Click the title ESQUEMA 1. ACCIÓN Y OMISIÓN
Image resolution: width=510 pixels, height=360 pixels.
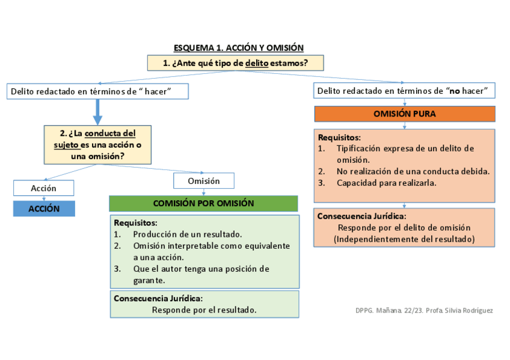[238, 47]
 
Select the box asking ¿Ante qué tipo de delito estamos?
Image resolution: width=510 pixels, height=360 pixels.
[235, 63]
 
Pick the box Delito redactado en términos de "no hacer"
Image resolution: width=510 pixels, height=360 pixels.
[404, 91]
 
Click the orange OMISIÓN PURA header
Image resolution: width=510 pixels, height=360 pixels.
[404, 114]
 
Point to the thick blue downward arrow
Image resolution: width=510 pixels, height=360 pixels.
[97, 112]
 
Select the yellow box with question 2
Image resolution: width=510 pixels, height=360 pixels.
[97, 144]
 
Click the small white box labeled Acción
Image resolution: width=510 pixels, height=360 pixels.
[43, 188]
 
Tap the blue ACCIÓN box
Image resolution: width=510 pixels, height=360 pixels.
[44, 209]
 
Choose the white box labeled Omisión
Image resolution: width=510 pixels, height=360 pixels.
[203, 181]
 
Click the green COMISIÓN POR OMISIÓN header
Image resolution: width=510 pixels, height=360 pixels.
[203, 204]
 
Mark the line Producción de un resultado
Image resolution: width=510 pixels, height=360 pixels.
[187, 234]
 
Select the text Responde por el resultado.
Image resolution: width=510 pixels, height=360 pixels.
[204, 310]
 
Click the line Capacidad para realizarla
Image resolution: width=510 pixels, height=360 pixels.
[386, 183]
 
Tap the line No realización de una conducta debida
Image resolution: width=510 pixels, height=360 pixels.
[413, 171]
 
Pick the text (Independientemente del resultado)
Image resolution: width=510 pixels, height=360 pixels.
[404, 239]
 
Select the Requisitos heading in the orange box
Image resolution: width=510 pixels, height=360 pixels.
[339, 137]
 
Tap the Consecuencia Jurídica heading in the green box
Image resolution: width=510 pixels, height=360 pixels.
[158, 298]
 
